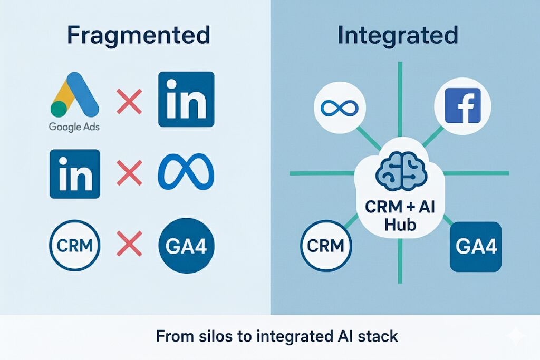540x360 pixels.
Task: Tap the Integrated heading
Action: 398,35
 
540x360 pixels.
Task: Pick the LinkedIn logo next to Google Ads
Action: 186,100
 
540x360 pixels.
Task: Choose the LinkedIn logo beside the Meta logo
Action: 75,173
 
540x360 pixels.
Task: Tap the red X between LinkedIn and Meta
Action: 129,173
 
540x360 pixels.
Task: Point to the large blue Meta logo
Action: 186,173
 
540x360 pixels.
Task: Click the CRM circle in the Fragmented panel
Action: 75,246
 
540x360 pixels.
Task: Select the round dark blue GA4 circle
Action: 186,246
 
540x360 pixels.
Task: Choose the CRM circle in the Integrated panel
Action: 326,246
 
